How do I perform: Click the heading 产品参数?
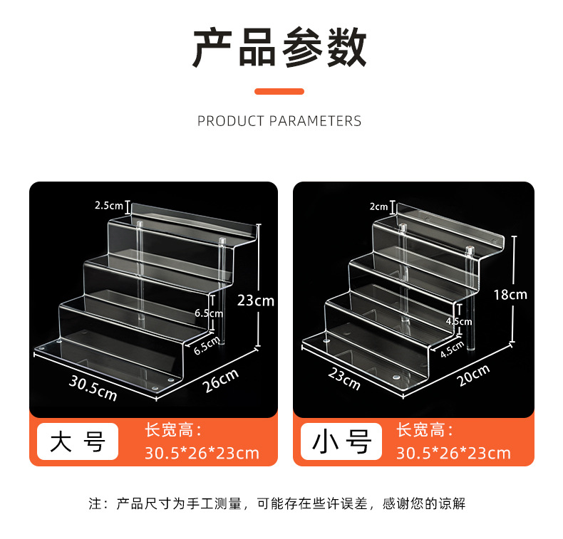click(x=280, y=48)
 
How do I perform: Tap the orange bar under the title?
click(x=279, y=91)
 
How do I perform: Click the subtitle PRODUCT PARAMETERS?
click(x=279, y=121)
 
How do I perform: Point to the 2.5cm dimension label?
click(x=109, y=206)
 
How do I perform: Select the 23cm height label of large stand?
click(x=256, y=300)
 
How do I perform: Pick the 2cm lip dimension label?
click(x=378, y=207)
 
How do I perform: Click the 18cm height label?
click(x=510, y=294)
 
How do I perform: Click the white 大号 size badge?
click(x=78, y=441)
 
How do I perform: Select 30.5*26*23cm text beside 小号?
click(x=453, y=453)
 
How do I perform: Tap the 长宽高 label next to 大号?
click(x=173, y=430)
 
